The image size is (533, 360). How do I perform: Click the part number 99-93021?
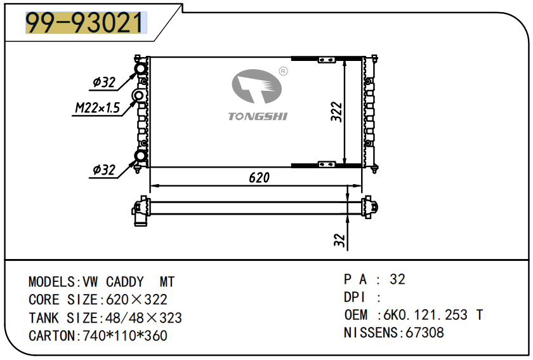click(84, 23)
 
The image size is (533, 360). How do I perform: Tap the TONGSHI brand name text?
click(258, 116)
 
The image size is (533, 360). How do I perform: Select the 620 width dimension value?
click(259, 178)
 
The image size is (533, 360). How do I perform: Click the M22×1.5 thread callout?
click(97, 108)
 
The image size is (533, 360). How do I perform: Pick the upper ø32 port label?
click(103, 82)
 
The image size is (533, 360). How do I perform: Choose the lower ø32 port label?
click(103, 170)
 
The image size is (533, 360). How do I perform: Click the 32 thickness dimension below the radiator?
click(338, 240)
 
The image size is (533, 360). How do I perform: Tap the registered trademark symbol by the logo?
click(284, 72)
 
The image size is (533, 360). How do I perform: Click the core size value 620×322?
click(134, 300)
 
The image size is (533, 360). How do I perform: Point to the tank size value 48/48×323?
click(141, 317)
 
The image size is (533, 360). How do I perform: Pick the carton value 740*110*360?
click(125, 335)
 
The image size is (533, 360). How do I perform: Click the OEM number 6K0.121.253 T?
click(431, 315)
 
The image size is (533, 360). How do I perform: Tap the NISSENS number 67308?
click(424, 332)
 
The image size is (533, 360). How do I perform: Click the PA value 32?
click(398, 279)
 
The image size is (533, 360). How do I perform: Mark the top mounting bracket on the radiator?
click(326, 60)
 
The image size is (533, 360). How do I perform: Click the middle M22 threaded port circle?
click(138, 97)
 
